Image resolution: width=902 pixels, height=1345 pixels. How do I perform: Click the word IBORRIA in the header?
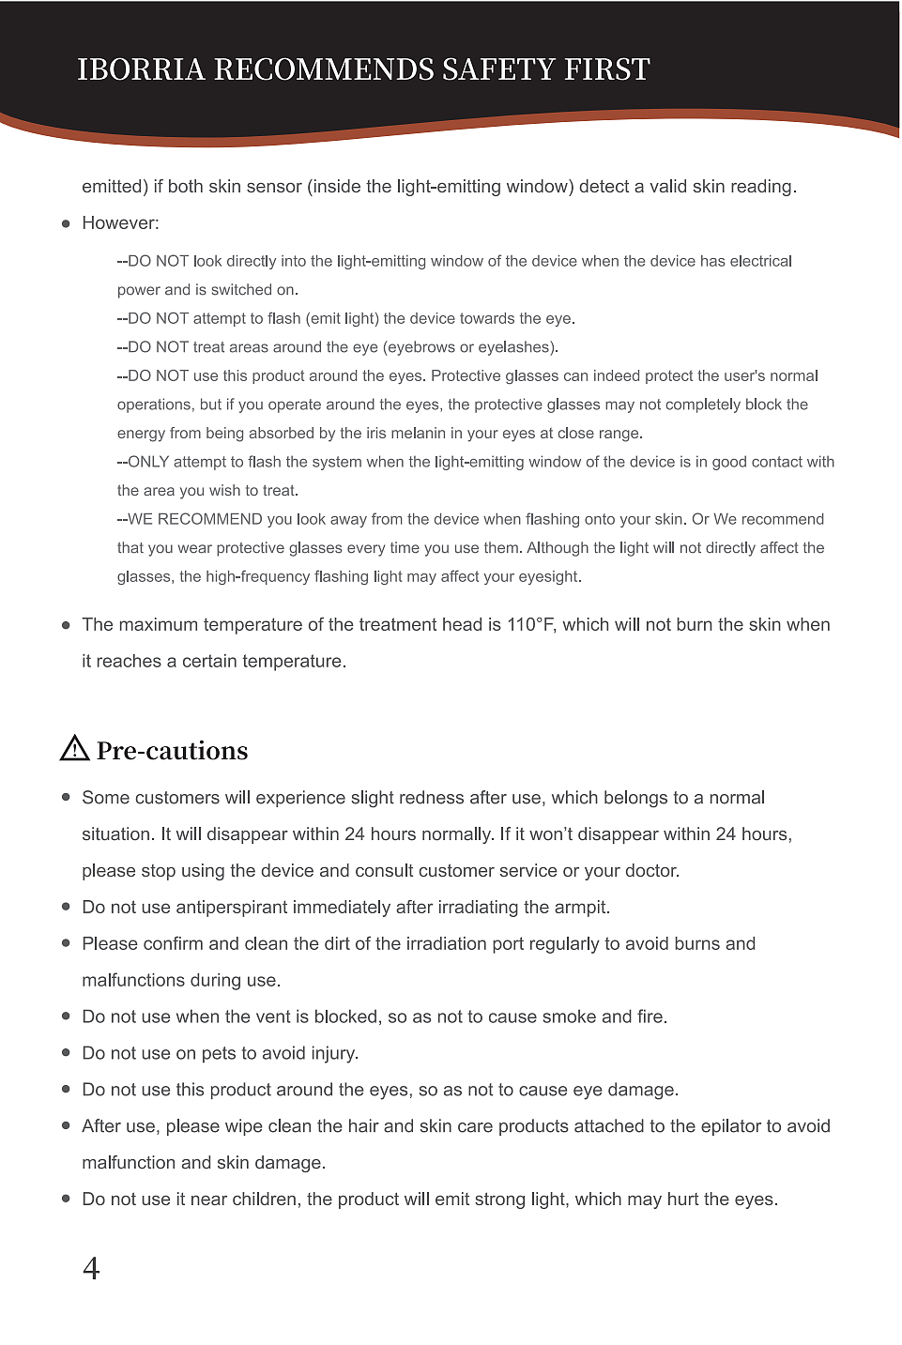(141, 69)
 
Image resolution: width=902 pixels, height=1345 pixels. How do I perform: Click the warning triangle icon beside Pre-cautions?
(74, 748)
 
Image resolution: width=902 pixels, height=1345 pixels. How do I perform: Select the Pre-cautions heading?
(172, 751)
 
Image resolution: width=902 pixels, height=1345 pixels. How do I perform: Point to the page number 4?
(91, 1268)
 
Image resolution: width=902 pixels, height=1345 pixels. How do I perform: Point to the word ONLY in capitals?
(148, 462)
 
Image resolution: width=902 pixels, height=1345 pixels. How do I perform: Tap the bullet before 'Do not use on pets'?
(66, 1053)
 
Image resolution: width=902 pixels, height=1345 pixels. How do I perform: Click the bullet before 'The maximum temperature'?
(66, 625)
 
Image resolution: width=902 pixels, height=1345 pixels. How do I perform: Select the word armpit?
(580, 908)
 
